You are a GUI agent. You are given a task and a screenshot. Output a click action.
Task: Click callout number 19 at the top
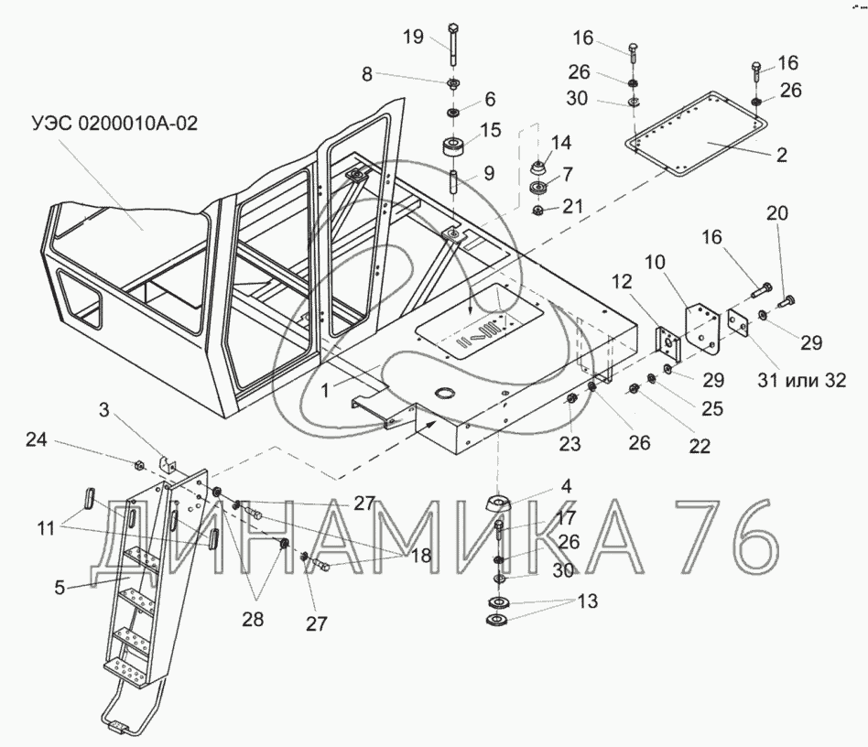pos(413,37)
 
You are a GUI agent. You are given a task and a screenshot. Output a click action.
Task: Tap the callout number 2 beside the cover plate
pos(781,155)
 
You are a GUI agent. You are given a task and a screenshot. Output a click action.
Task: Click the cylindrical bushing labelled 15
pos(453,147)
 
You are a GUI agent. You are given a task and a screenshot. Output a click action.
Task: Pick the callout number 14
pos(561,142)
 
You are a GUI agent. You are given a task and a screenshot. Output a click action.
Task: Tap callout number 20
pos(777,213)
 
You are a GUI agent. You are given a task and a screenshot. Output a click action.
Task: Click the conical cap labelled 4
pos(498,503)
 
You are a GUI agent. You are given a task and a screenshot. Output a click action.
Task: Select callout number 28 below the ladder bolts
pos(252,619)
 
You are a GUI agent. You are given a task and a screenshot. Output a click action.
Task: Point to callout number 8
pos(367,75)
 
